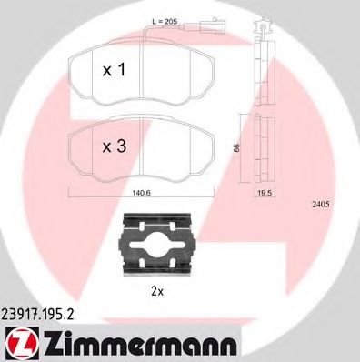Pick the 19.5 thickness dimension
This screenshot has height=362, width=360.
[x=264, y=192]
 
